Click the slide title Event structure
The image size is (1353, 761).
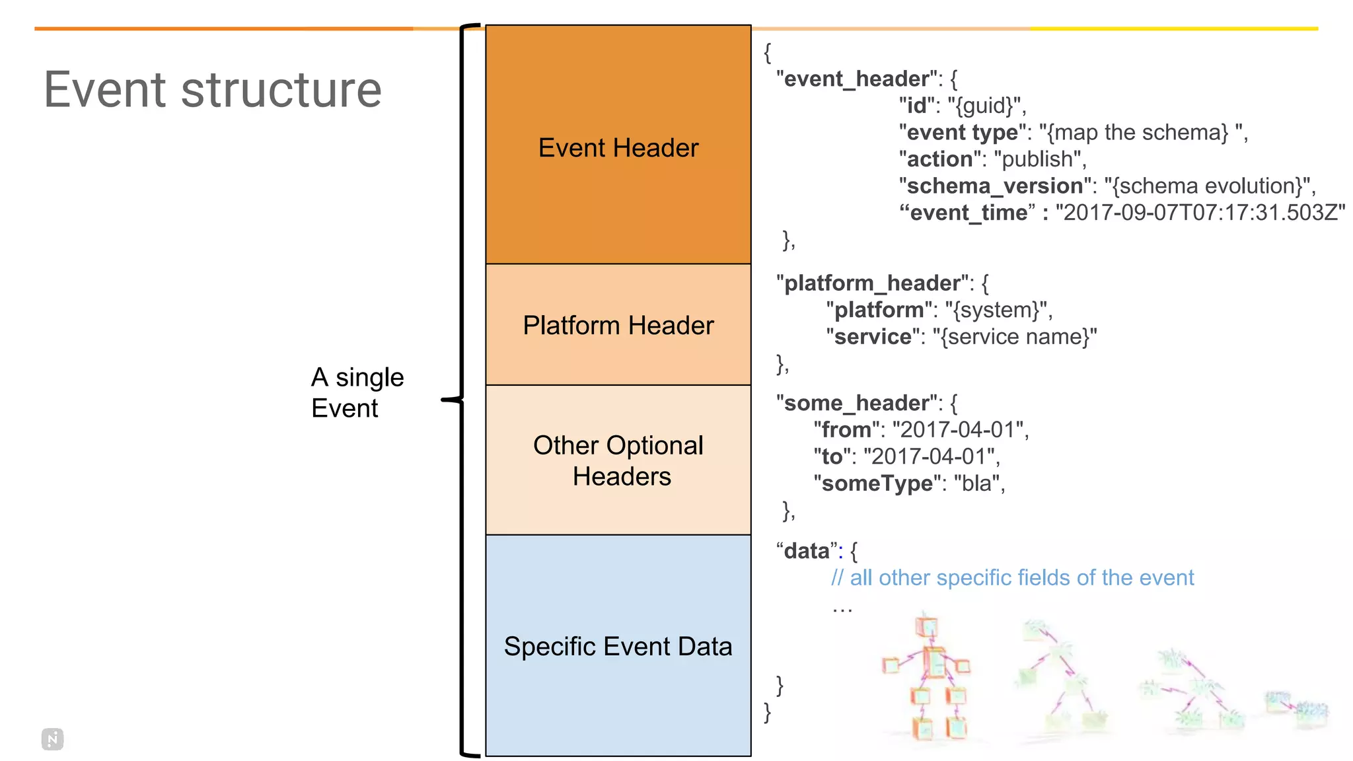[x=213, y=90]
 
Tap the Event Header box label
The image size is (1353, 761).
[x=618, y=147]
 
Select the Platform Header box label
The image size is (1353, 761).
[x=618, y=325]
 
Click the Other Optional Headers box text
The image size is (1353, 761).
[x=618, y=460]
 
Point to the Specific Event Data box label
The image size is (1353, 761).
[x=618, y=646]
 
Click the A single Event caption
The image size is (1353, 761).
[x=357, y=392]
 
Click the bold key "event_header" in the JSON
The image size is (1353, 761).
[x=857, y=79]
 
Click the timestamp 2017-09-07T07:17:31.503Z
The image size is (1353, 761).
[x=1200, y=213]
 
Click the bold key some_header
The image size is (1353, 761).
[x=856, y=403]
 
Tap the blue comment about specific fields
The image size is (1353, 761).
[x=1012, y=578]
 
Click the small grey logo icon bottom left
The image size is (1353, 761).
[x=53, y=739]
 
